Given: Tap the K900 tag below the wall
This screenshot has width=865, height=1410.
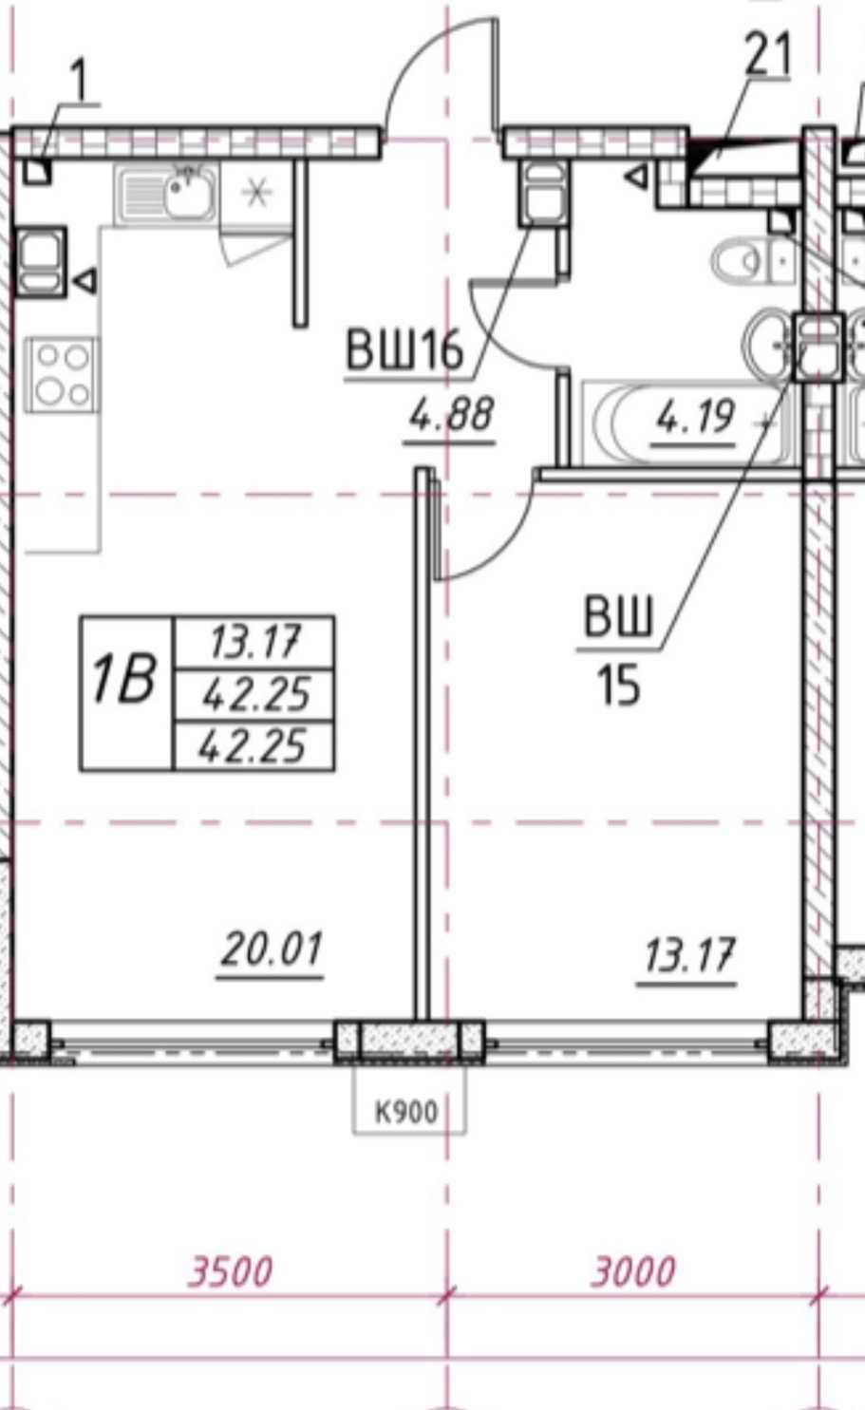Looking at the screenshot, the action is coord(406,1112).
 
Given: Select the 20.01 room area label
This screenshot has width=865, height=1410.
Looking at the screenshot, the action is coord(271,949).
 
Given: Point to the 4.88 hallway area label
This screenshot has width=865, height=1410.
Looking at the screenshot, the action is coord(451,416).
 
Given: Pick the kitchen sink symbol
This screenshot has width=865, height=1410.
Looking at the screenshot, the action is coord(166,193).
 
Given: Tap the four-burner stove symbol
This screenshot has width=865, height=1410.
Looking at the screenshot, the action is coord(62,374).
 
